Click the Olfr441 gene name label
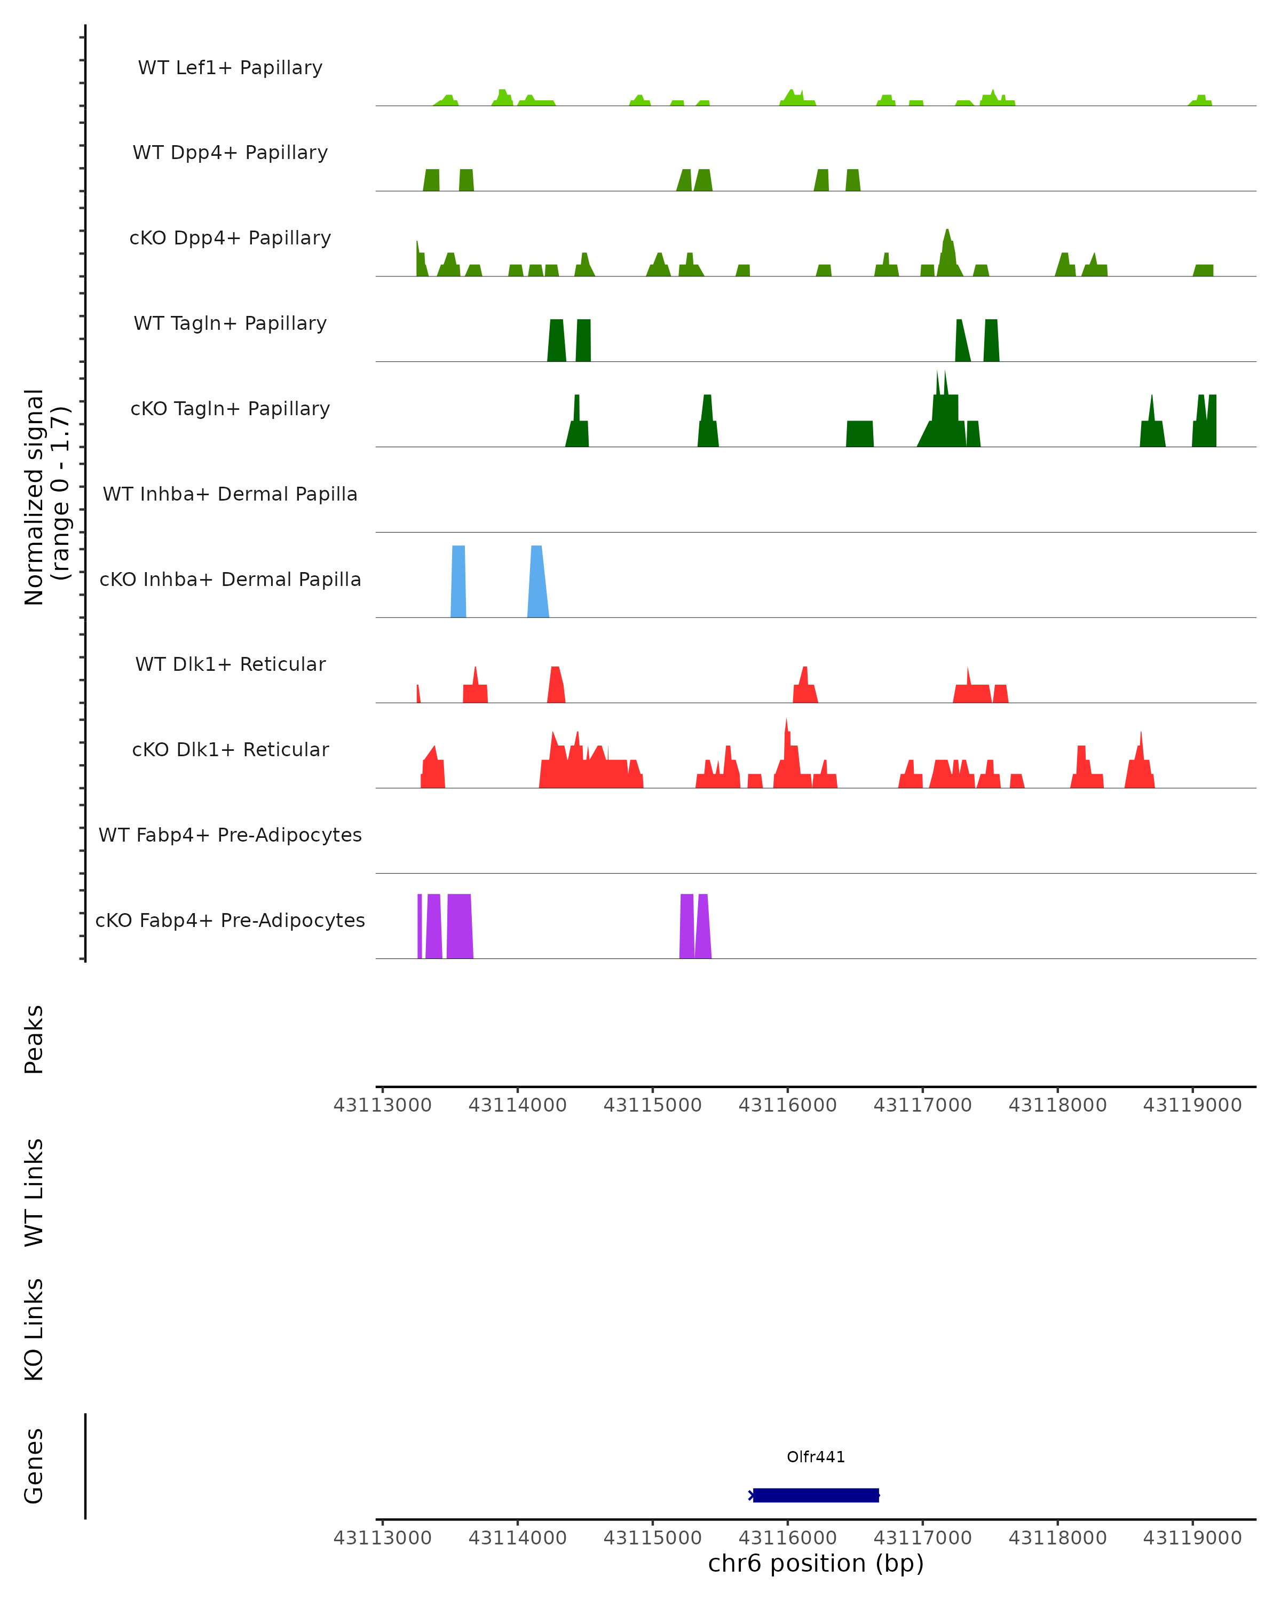tap(816, 1457)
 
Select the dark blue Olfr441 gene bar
tap(816, 1495)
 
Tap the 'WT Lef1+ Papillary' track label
tap(230, 68)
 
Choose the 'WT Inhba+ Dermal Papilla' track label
tap(230, 494)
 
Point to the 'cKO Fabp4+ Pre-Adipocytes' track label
tap(230, 920)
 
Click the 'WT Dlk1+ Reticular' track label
tap(230, 664)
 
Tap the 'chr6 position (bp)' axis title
tap(816, 1563)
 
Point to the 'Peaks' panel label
tap(34, 1039)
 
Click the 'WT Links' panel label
tap(34, 1192)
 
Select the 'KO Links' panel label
tap(34, 1329)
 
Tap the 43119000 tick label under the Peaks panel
tap(1192, 1105)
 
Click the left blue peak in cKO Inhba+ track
tap(458, 583)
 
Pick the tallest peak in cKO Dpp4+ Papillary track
tap(947, 252)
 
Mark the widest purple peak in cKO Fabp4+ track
tap(460, 927)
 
